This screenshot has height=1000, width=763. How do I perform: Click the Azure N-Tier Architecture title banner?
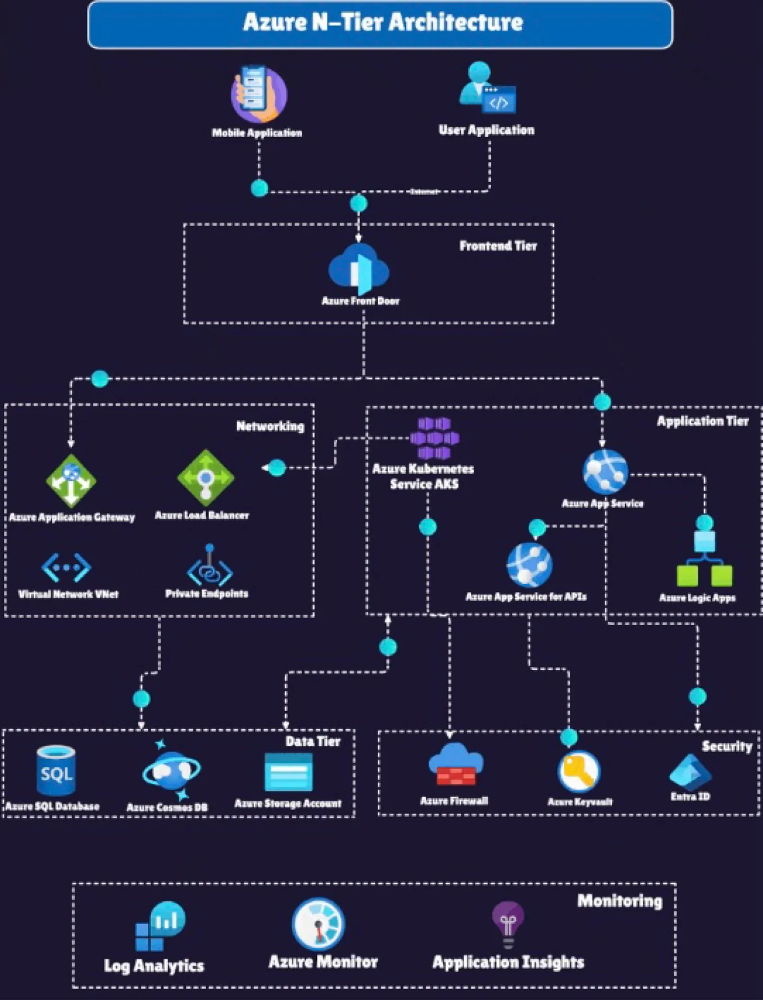tap(380, 24)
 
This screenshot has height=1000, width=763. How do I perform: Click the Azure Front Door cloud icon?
tap(359, 269)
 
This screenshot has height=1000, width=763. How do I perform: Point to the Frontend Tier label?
tap(498, 246)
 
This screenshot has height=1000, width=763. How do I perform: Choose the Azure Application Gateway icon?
tap(71, 481)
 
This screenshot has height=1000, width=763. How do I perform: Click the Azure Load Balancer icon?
tap(206, 478)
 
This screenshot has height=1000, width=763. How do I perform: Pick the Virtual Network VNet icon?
tap(66, 567)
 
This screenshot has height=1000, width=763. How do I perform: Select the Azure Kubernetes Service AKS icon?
tap(434, 438)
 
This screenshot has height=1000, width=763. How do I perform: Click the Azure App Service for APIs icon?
tap(529, 565)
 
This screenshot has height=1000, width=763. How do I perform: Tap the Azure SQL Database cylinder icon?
tap(56, 770)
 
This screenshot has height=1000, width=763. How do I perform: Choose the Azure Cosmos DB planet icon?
tap(171, 770)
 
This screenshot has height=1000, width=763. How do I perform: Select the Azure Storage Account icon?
tap(288, 772)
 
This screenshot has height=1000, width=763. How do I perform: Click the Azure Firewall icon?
tap(455, 765)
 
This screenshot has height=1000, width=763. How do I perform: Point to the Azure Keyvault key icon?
tap(579, 771)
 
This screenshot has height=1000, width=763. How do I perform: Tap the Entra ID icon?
tap(691, 771)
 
